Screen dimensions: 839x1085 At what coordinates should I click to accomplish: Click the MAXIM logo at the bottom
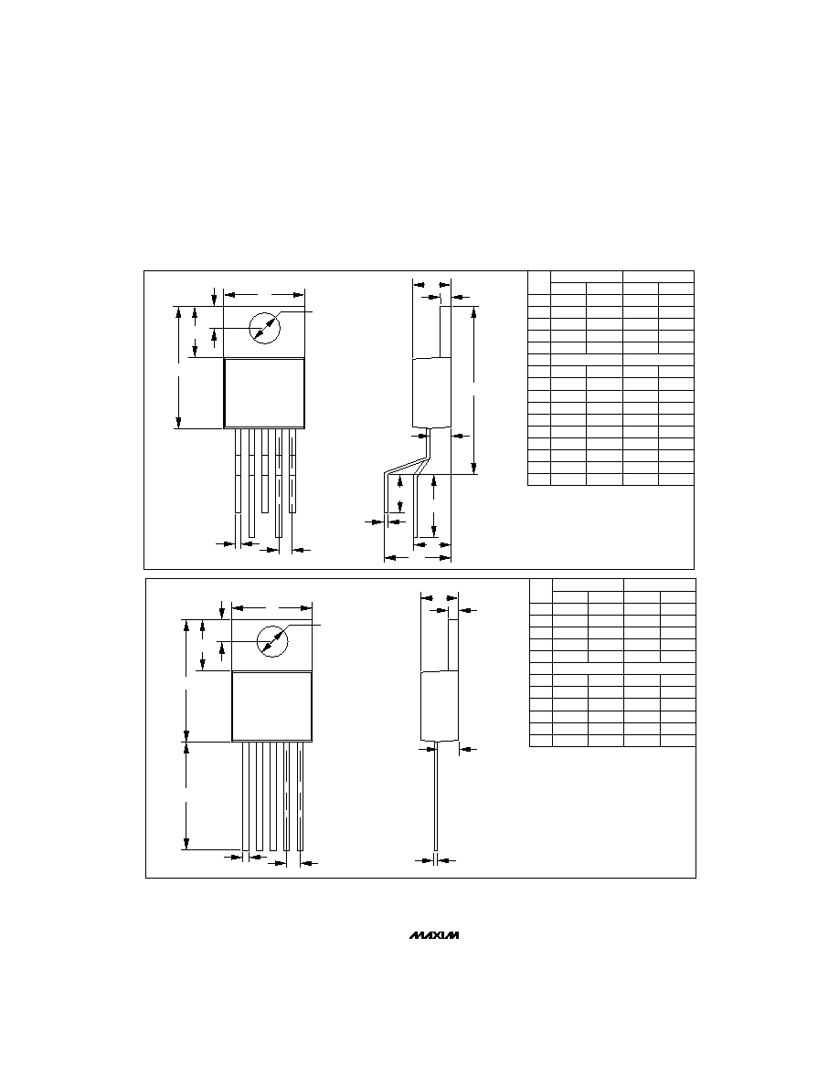coord(434,935)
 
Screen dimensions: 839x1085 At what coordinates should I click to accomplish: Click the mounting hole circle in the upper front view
coord(264,327)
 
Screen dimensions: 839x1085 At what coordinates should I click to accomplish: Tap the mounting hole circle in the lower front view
coord(272,641)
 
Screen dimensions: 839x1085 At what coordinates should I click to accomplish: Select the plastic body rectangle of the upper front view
coord(264,393)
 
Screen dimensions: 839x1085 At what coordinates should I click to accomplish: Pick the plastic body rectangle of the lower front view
coord(271,707)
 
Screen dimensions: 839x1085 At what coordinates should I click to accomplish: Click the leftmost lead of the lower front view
coord(245,796)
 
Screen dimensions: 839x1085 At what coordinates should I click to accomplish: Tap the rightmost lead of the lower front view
coord(300,796)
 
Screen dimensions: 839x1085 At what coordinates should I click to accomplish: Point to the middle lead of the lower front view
coord(272,796)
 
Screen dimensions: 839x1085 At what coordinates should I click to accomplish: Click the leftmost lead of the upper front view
coord(238,470)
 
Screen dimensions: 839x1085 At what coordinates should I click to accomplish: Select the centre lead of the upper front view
coord(264,470)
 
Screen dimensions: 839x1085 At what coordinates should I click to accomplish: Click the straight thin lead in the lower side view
coord(435,795)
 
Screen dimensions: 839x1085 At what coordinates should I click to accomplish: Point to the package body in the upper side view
coord(431,393)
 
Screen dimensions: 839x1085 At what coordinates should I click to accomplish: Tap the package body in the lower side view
coord(441,706)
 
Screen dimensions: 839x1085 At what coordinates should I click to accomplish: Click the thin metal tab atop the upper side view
coord(445,332)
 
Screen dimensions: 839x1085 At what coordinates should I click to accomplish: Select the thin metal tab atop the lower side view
coord(454,646)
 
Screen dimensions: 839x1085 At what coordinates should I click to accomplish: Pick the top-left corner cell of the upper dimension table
coord(538,282)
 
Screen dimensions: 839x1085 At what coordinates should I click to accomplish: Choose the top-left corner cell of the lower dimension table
coord(541,591)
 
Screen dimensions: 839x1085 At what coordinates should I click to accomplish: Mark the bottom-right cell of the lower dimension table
coord(678,741)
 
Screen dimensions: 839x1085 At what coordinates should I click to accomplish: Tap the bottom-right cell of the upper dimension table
coord(675,479)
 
